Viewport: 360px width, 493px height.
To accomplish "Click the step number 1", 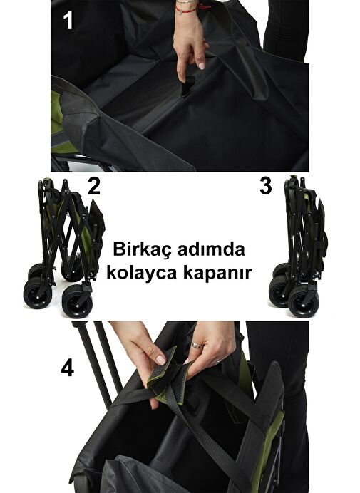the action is click(x=68, y=21).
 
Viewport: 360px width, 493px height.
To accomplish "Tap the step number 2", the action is click(x=94, y=187).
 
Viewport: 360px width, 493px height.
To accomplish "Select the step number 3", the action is click(x=266, y=186).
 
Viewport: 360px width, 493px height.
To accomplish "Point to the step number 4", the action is click(x=67, y=368).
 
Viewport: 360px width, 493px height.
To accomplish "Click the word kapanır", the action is click(x=217, y=273).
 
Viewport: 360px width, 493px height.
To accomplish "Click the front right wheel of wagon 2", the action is click(x=77, y=301).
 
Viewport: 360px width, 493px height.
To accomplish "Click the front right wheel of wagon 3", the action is click(x=304, y=301).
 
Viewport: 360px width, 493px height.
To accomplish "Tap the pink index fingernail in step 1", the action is click(x=202, y=66).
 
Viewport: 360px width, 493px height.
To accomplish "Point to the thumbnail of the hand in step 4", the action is click(x=161, y=360).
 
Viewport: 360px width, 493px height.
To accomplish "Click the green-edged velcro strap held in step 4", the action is click(x=164, y=374).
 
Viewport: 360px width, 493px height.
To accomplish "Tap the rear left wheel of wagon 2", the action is click(x=36, y=270).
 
